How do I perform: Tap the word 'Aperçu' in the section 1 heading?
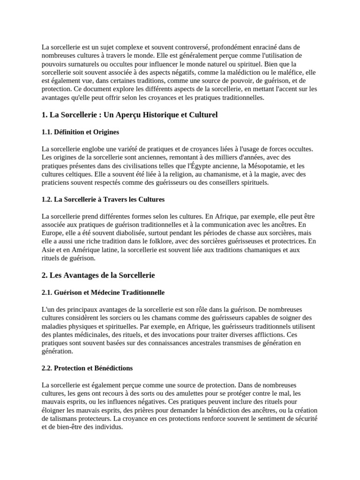click(135, 115)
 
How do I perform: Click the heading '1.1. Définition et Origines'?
click(80, 132)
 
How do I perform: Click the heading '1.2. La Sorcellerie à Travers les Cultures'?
click(103, 200)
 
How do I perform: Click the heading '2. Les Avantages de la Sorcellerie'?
click(98, 275)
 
